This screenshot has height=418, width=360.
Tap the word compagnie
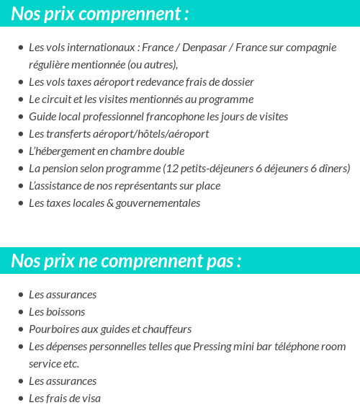coord(310,48)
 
